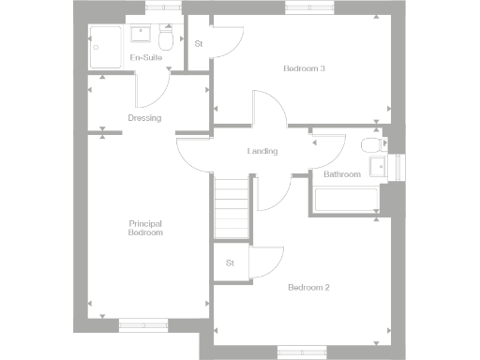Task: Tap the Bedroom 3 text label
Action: coord(306,68)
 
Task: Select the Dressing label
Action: coord(145,118)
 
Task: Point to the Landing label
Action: coord(262,151)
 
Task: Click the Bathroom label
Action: coord(342,174)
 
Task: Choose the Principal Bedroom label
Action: coord(146,228)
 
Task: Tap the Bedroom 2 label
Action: coord(309,287)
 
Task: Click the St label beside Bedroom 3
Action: coord(199,44)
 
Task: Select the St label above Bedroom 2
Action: coord(230,263)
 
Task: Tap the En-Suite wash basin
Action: coord(142,35)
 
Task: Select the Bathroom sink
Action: coord(377,167)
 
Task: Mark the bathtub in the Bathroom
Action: coord(345,200)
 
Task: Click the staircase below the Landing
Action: coord(231,208)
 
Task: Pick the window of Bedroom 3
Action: coord(310,8)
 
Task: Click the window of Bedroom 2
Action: coord(302,352)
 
